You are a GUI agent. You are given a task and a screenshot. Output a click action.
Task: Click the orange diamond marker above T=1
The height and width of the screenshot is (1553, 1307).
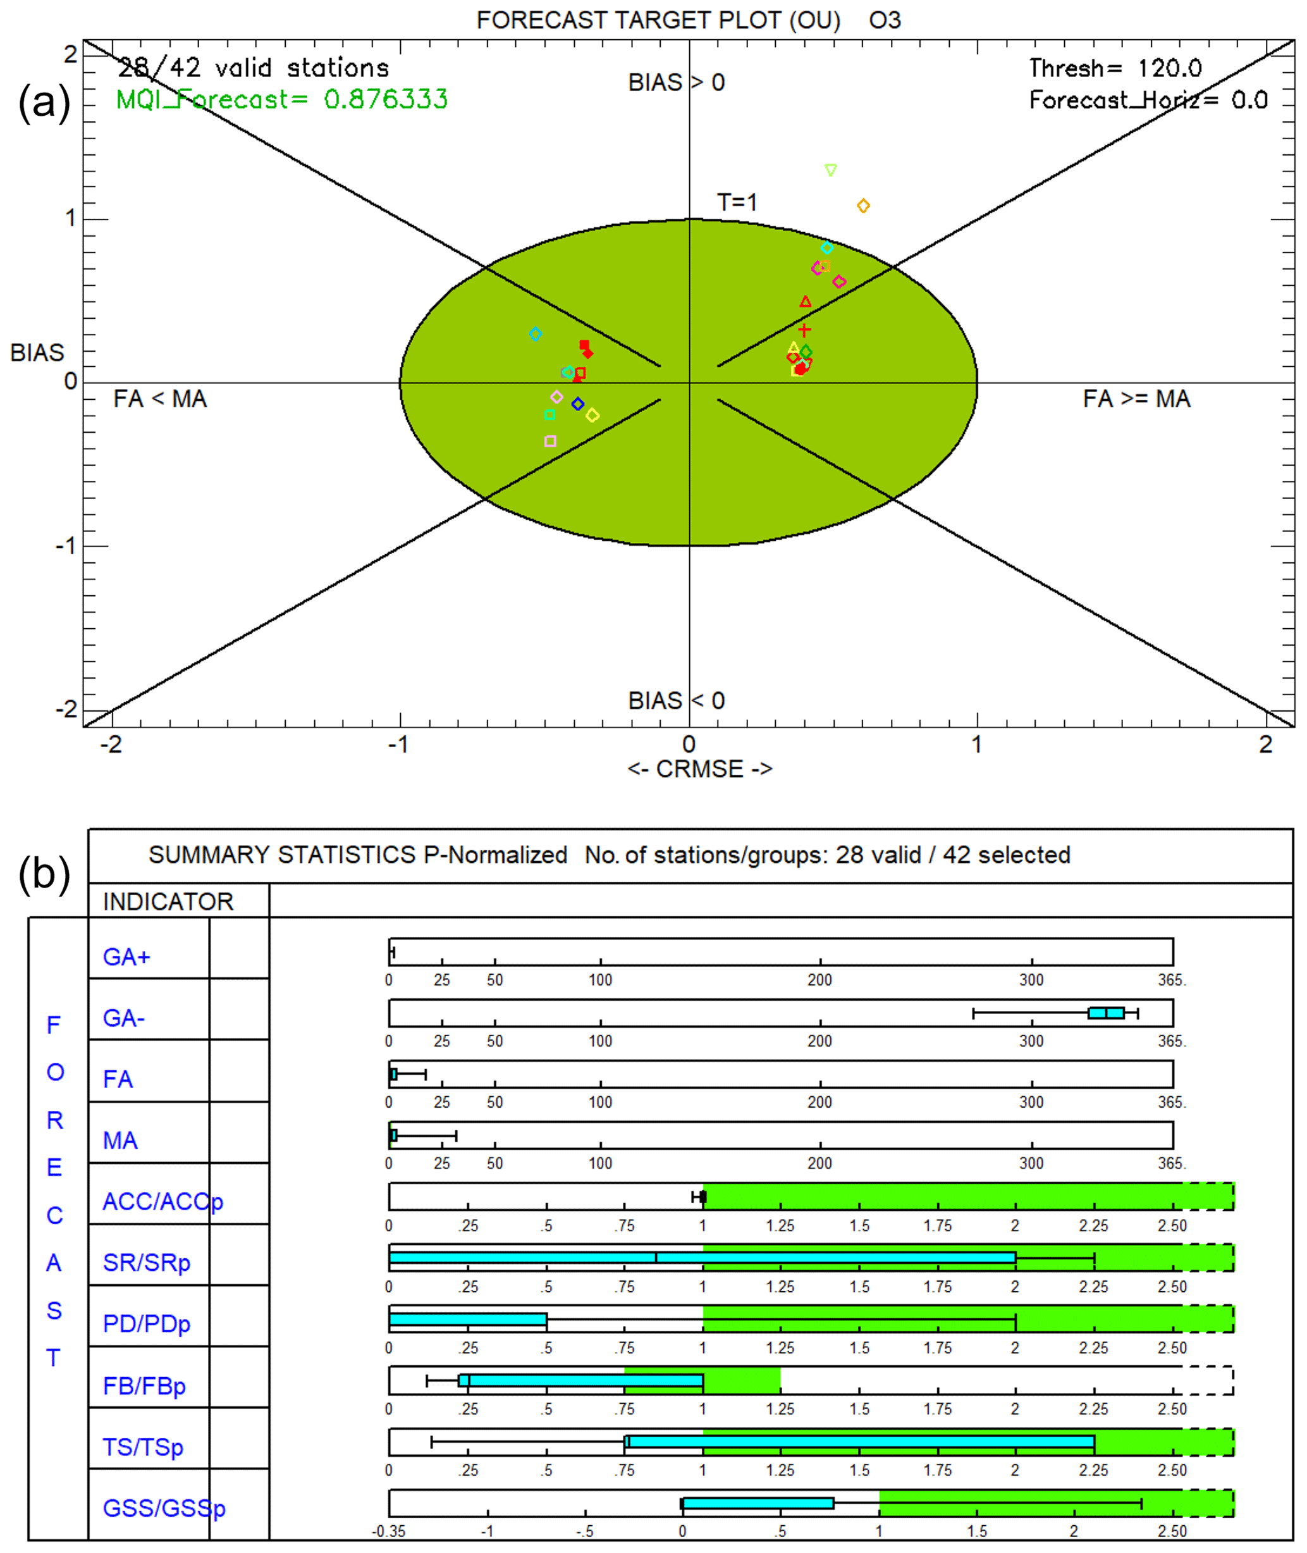tap(863, 206)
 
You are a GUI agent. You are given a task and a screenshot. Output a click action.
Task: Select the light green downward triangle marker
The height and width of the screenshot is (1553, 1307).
tap(831, 171)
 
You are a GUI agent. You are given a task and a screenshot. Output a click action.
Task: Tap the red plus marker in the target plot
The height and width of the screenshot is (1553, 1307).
tap(805, 330)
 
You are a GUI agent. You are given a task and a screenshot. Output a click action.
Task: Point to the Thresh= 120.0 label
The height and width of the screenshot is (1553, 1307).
tap(1115, 68)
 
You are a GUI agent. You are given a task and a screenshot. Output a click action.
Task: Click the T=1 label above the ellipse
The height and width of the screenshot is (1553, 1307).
tap(737, 202)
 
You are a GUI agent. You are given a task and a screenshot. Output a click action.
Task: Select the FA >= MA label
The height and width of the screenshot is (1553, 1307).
tap(1136, 399)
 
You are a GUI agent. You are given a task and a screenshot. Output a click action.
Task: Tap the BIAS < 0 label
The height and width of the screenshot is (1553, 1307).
tap(677, 700)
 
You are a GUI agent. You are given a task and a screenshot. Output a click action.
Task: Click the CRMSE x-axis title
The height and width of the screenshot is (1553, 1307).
tap(699, 769)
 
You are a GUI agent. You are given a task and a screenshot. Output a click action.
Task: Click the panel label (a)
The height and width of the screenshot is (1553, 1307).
tap(44, 102)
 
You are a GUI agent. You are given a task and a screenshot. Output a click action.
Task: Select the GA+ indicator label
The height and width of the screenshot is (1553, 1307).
tap(126, 956)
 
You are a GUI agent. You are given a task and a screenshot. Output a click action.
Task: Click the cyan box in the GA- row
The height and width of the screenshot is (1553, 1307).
tap(1105, 1013)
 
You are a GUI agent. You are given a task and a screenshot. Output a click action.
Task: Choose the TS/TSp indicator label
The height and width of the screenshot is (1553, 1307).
tap(143, 1446)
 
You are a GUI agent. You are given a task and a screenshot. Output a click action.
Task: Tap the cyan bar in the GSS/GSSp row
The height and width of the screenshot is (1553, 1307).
tap(758, 1503)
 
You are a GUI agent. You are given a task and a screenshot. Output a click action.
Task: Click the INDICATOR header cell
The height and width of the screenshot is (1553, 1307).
tap(168, 901)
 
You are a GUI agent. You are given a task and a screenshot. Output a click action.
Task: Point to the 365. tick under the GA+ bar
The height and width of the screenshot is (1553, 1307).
tap(1172, 980)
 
